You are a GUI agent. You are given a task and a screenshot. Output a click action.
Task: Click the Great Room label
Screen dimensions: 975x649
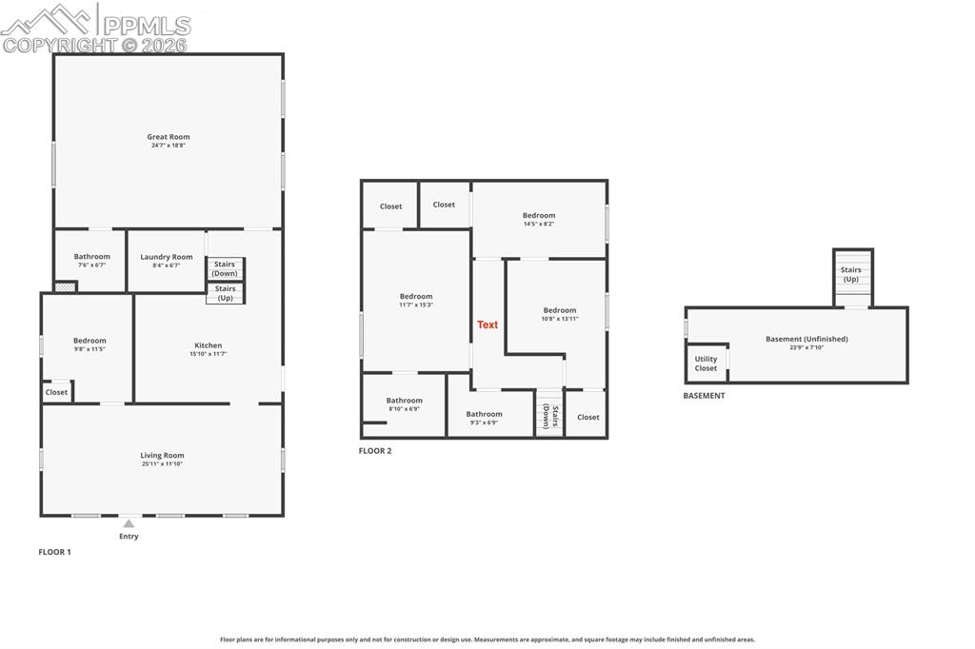(169, 137)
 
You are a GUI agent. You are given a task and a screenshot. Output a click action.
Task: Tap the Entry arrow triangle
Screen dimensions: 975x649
(129, 524)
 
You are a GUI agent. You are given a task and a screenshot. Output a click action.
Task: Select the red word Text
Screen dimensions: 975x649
(487, 324)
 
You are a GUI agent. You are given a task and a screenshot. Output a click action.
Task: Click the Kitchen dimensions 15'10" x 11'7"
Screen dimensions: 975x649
(209, 354)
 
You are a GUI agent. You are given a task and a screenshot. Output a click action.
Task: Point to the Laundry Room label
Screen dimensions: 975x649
(166, 257)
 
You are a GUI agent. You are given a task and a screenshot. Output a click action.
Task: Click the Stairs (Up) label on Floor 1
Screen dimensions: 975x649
(225, 293)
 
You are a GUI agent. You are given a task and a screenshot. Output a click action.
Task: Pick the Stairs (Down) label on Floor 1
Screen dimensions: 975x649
(225, 268)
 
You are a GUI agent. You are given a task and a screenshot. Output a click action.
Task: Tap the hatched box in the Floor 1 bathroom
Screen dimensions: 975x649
(66, 287)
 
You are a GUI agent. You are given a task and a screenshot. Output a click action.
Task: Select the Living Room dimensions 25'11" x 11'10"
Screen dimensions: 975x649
(162, 463)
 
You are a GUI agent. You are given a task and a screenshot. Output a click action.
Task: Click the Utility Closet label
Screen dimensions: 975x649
(706, 364)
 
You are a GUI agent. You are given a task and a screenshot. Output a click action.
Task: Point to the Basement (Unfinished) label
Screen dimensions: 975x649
(806, 339)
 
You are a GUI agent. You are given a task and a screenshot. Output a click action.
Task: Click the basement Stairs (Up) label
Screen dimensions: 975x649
(850, 274)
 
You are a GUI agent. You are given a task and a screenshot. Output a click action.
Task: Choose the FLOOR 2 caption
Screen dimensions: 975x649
(375, 451)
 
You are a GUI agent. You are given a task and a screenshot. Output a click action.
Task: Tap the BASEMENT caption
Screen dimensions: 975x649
(704, 395)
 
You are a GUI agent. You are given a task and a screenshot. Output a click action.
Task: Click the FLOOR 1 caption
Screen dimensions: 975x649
(54, 551)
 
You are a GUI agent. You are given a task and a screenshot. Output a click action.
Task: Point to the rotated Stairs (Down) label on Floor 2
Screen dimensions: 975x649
(550, 417)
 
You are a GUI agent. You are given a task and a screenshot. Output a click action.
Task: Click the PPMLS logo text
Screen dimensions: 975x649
(147, 26)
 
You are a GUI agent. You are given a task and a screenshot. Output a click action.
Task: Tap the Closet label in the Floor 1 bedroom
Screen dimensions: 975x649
(56, 392)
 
